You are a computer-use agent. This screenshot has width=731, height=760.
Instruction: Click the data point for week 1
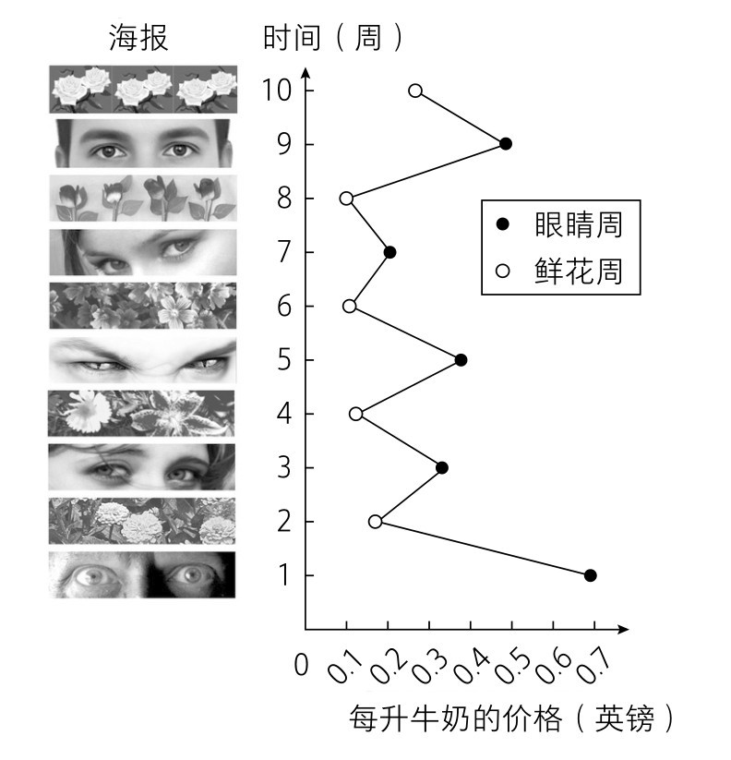tap(590, 575)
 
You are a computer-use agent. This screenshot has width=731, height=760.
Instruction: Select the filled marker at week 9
tap(506, 143)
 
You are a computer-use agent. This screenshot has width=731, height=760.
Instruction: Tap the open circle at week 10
tap(415, 90)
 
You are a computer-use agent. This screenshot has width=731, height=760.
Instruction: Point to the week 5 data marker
tap(461, 359)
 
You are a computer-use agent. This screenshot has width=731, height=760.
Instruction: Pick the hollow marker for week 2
tap(375, 522)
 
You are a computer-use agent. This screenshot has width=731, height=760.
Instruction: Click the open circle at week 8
tap(346, 199)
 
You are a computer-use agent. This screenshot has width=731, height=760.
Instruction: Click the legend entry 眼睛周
tap(560, 224)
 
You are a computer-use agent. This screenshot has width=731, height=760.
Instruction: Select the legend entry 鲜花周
tap(560, 271)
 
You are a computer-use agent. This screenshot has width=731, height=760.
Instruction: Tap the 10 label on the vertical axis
tap(277, 90)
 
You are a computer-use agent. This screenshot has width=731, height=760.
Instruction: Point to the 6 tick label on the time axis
tap(284, 307)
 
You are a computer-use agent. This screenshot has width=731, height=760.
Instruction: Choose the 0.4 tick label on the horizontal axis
tap(471, 666)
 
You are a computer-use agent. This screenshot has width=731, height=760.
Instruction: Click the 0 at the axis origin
tap(301, 664)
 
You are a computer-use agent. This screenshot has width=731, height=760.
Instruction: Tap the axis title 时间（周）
tap(333, 37)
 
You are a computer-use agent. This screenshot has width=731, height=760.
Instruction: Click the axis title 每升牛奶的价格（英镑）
tap(511, 718)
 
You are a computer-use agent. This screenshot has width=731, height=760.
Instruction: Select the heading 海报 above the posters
tap(138, 37)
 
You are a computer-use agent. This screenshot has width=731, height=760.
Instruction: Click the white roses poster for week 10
tap(143, 90)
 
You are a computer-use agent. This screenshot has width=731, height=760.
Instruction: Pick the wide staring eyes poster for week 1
tap(142, 574)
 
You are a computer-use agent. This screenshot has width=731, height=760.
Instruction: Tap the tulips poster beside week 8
tap(143, 199)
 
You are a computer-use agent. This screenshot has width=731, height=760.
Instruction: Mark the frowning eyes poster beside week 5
tap(143, 360)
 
